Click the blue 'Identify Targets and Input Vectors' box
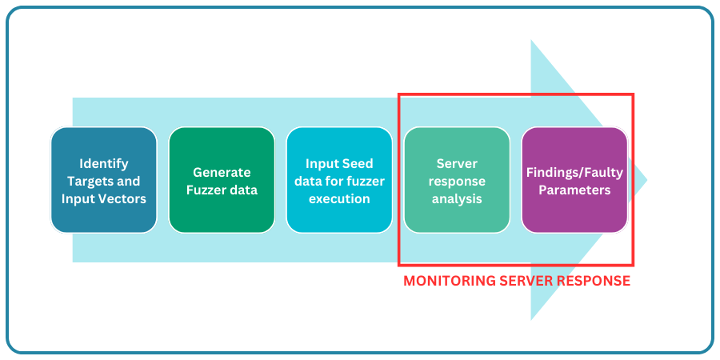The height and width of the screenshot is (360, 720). pyautogui.click(x=103, y=180)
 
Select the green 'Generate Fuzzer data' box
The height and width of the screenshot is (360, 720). pyautogui.click(x=222, y=180)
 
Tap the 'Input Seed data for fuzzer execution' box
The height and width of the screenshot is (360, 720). pyautogui.click(x=339, y=180)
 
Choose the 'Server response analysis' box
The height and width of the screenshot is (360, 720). pyautogui.click(x=457, y=180)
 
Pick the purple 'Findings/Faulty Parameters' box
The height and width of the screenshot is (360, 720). pyautogui.click(x=574, y=180)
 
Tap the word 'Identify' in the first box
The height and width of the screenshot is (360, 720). pyautogui.click(x=104, y=163)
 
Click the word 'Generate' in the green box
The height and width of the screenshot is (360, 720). pyautogui.click(x=222, y=172)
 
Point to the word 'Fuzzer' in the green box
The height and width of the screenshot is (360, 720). pyautogui.click(x=207, y=190)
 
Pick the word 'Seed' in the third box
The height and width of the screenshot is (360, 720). pyautogui.click(x=356, y=163)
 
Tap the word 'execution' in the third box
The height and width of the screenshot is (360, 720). pyautogui.click(x=339, y=198)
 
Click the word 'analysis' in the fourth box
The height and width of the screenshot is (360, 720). pyautogui.click(x=457, y=198)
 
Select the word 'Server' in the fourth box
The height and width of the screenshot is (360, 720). pyautogui.click(x=457, y=163)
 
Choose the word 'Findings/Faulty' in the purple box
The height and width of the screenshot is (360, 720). pyautogui.click(x=574, y=172)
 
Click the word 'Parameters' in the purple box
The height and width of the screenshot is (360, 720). pyautogui.click(x=574, y=190)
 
